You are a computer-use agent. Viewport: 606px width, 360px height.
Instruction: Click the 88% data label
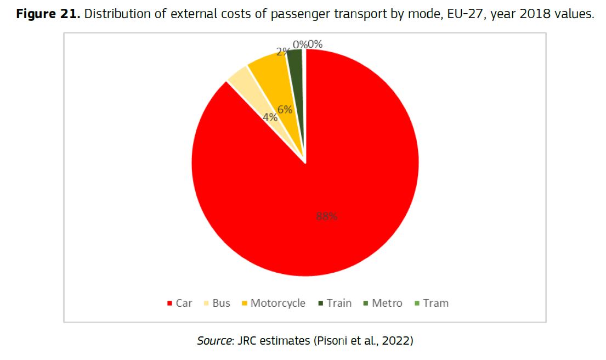click(326, 216)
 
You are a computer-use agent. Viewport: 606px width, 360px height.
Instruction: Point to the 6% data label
click(285, 110)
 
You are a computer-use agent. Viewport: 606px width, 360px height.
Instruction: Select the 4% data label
click(270, 117)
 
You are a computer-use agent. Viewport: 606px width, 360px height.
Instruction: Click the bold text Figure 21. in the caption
click(47, 14)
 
